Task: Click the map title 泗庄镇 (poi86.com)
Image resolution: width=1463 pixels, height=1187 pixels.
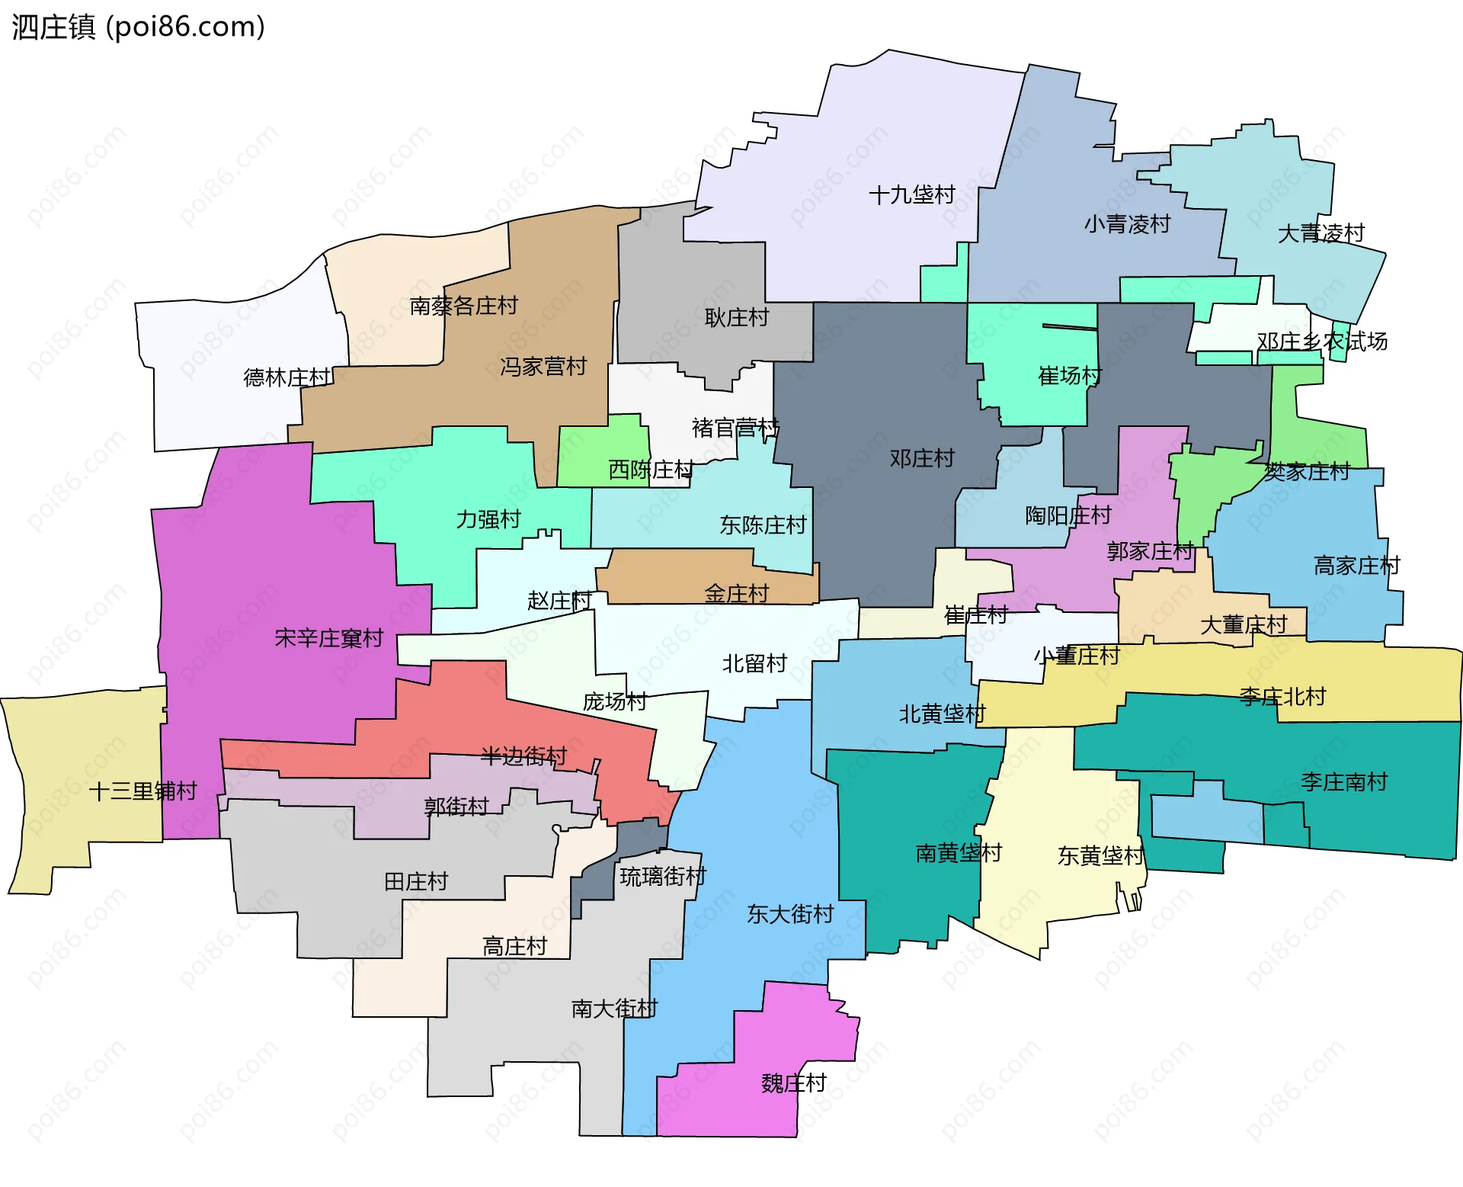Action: [138, 27]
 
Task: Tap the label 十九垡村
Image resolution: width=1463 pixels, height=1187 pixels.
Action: [911, 195]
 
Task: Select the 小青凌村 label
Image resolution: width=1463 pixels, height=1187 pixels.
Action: [1127, 224]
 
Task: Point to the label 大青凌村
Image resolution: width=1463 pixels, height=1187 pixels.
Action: [1321, 233]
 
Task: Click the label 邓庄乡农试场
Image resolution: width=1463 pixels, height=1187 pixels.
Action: [1322, 342]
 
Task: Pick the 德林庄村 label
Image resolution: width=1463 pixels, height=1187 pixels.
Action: [287, 377]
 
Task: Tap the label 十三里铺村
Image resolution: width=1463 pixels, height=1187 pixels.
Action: [143, 791]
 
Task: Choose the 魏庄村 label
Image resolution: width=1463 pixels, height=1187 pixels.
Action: [793, 1083]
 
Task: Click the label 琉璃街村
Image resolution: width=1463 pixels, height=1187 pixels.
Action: [662, 877]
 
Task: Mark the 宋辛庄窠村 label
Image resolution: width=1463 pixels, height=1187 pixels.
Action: [328, 638]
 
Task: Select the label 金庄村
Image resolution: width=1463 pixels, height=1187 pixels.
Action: [736, 594]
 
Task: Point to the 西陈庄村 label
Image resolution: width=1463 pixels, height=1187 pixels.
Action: [650, 470]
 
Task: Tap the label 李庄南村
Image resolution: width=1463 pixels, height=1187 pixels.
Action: [1343, 782]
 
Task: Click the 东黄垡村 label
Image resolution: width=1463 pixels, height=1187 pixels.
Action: [1100, 856]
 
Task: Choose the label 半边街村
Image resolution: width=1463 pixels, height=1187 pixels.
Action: [523, 756]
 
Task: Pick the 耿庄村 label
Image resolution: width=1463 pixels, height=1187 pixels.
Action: [736, 318]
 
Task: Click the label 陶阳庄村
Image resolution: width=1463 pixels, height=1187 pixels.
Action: [1068, 516]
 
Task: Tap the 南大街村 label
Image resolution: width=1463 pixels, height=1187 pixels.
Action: [614, 1009]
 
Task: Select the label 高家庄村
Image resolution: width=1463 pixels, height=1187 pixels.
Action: [1356, 566]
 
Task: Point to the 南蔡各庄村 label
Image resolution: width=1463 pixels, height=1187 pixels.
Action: [463, 306]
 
